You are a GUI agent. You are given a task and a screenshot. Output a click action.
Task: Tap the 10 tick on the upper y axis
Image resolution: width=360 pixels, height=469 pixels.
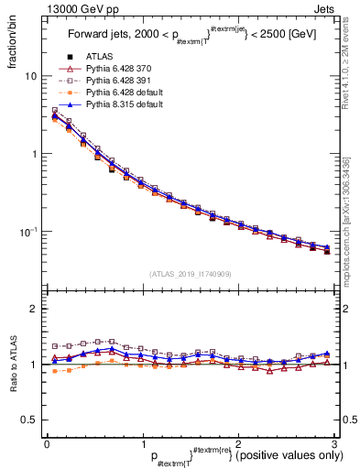(x=29, y=76)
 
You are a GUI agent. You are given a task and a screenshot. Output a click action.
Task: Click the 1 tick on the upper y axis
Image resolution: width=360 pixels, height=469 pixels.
(x=32, y=154)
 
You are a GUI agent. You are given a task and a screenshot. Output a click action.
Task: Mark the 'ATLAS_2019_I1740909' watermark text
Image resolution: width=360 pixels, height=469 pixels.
(x=190, y=274)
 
